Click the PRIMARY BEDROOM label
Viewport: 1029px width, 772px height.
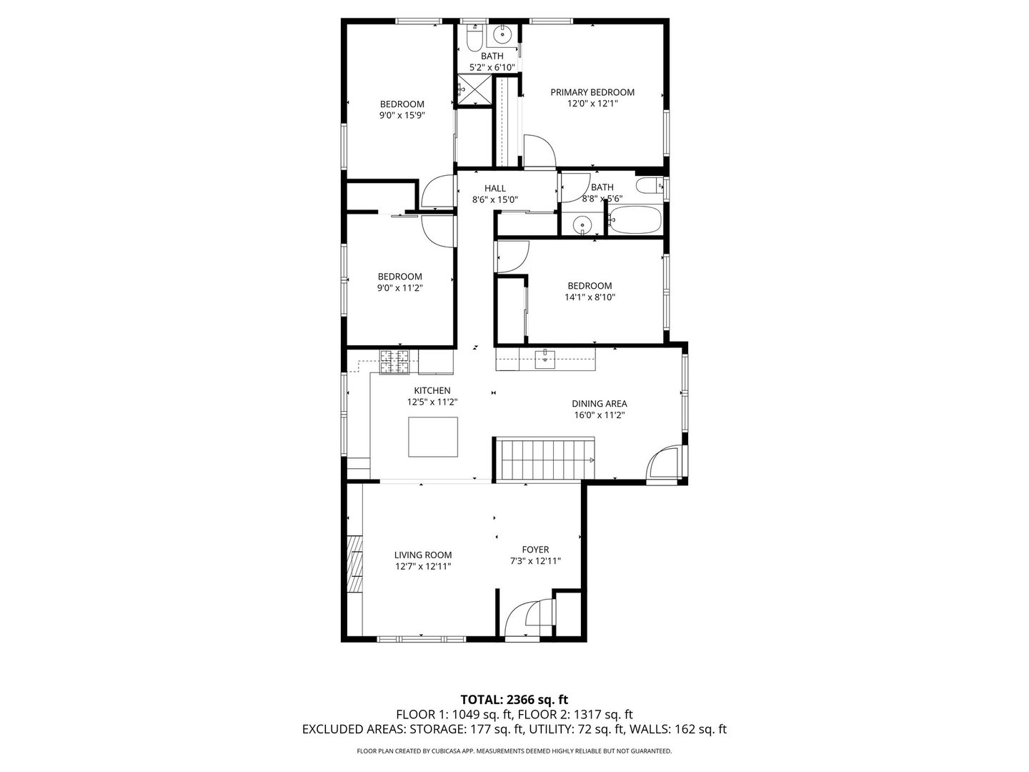[x=592, y=92]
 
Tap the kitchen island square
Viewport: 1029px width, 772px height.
[x=432, y=437]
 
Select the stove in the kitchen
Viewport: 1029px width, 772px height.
[x=395, y=362]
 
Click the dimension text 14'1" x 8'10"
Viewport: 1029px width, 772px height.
[x=590, y=297]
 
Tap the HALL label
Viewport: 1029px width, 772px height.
[x=494, y=189]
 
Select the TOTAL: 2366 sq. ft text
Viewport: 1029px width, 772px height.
[x=514, y=699]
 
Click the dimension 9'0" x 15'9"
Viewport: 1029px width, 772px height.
[x=402, y=114]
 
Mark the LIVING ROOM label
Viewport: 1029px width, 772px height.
[x=423, y=555]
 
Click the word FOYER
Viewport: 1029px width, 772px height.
[x=535, y=550]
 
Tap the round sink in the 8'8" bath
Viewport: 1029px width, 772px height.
[x=583, y=226]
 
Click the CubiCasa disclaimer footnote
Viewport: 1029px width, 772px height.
[x=514, y=751]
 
